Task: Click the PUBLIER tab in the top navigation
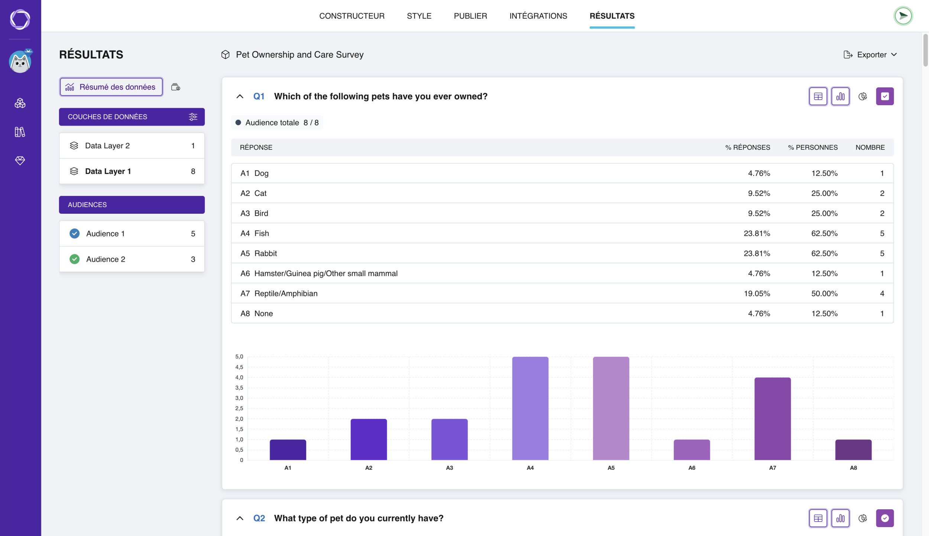[x=470, y=16]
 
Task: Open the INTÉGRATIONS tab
[x=538, y=16]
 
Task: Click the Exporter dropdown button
[x=870, y=55]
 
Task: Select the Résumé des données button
[x=111, y=87]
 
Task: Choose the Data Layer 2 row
[x=132, y=146]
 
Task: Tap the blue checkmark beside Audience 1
[x=74, y=233]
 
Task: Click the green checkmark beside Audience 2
[x=74, y=259]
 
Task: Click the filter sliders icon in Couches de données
[x=193, y=117]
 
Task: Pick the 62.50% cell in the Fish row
[x=824, y=233]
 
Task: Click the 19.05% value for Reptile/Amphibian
[x=757, y=294]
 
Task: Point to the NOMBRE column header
[x=870, y=148]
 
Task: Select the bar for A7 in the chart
[x=772, y=419]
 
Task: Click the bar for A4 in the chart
[x=530, y=409]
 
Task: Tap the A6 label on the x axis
[x=692, y=468]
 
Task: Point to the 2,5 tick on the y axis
[x=239, y=409]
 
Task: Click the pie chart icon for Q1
[x=862, y=97]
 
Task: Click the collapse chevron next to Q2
[x=240, y=518]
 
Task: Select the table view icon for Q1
[x=818, y=97]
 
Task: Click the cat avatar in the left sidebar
[x=20, y=61]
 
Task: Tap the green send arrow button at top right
[x=903, y=16]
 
